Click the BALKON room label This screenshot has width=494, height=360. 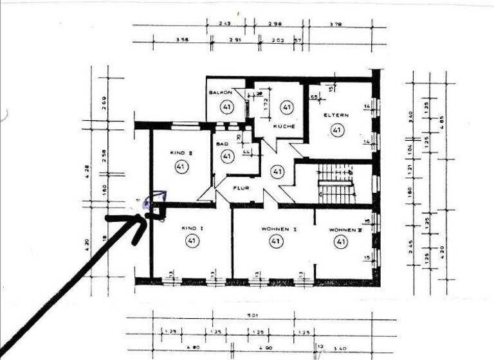(220, 93)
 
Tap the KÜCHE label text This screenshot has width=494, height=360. (284, 126)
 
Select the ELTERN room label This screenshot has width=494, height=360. (336, 115)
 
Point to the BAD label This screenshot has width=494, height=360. (222, 144)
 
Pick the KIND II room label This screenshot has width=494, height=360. (181, 152)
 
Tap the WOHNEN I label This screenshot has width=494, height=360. (278, 228)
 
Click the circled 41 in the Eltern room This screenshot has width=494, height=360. (336, 130)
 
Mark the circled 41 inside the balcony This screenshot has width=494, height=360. (226, 107)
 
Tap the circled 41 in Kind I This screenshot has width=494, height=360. (192, 242)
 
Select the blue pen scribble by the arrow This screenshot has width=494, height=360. (154, 200)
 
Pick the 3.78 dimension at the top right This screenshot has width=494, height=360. (334, 24)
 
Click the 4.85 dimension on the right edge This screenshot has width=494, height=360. (441, 122)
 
